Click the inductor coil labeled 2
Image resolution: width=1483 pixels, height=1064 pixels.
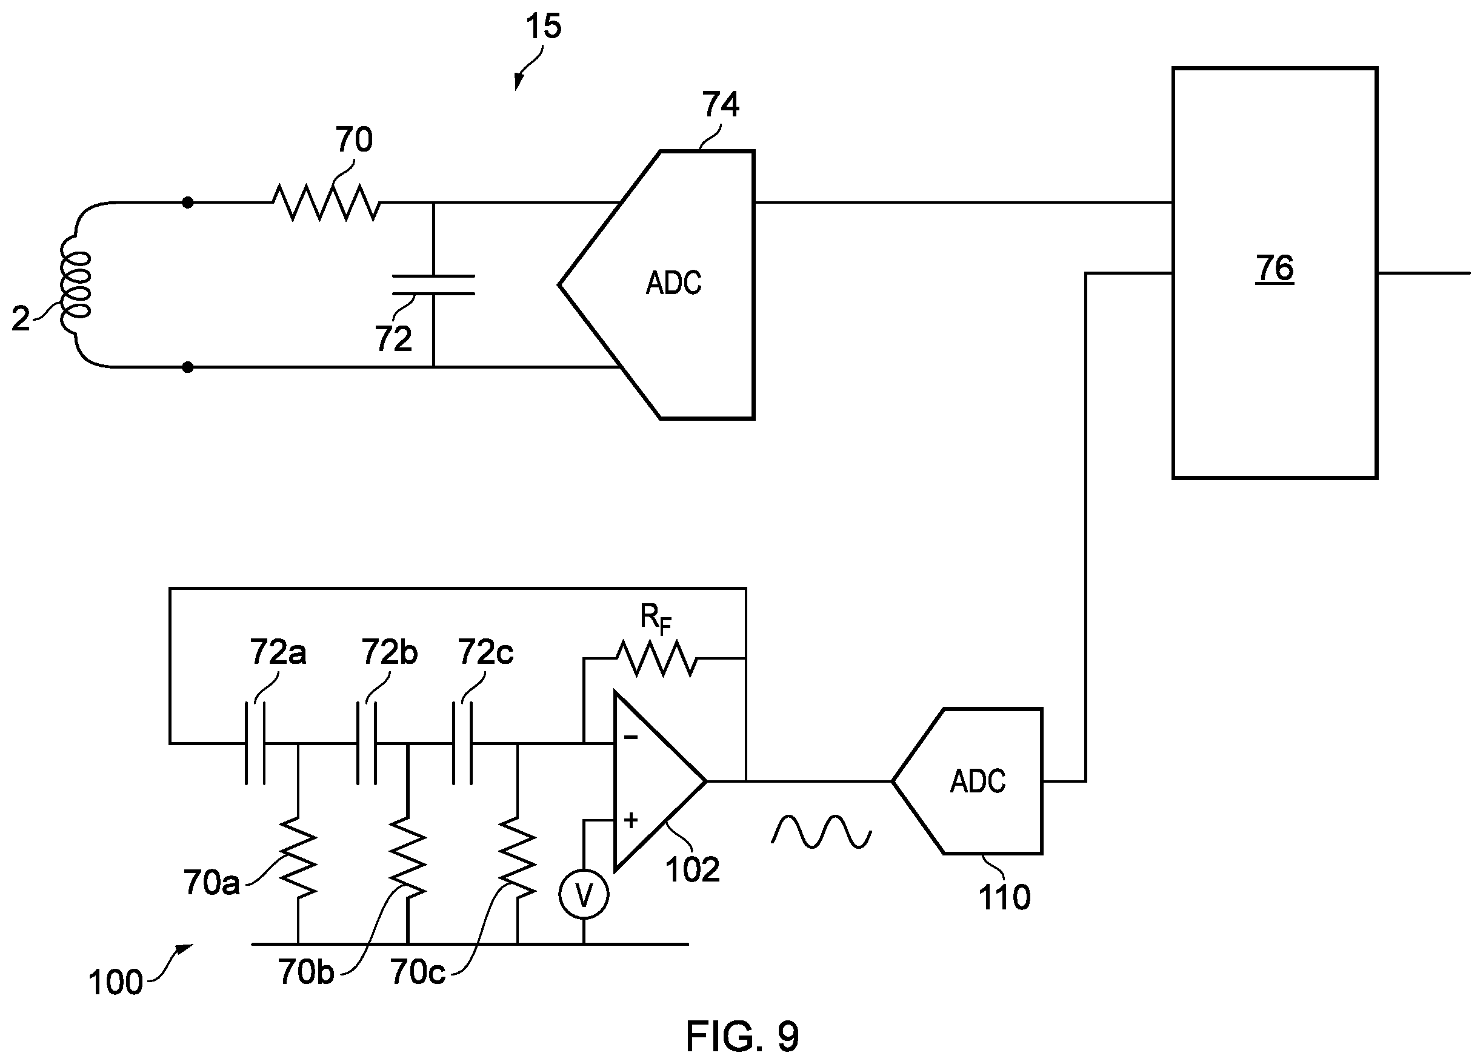pyautogui.click(x=75, y=286)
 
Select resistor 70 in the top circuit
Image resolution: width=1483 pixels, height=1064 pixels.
pyautogui.click(x=325, y=202)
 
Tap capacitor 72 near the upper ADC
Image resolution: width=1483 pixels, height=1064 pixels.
pyautogui.click(x=433, y=285)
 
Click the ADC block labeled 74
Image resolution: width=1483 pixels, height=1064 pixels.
pyautogui.click(x=656, y=284)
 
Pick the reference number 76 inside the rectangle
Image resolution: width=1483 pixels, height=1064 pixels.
pyautogui.click(x=1275, y=267)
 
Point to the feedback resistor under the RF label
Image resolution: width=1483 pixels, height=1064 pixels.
pyautogui.click(x=656, y=658)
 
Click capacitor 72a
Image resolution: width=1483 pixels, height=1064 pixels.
pyautogui.click(x=255, y=743)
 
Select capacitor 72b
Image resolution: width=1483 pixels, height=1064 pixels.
pyautogui.click(x=366, y=743)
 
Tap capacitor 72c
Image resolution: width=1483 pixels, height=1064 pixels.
pyautogui.click(x=462, y=743)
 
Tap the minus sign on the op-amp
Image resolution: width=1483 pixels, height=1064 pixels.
pyautogui.click(x=630, y=738)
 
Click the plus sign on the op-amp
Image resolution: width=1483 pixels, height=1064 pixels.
pyautogui.click(x=630, y=820)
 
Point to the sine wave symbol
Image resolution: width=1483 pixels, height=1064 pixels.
pyautogui.click(x=821, y=831)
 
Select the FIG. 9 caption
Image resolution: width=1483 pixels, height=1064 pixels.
pyautogui.click(x=742, y=1036)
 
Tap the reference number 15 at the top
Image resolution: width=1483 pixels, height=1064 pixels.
pyautogui.click(x=544, y=26)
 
